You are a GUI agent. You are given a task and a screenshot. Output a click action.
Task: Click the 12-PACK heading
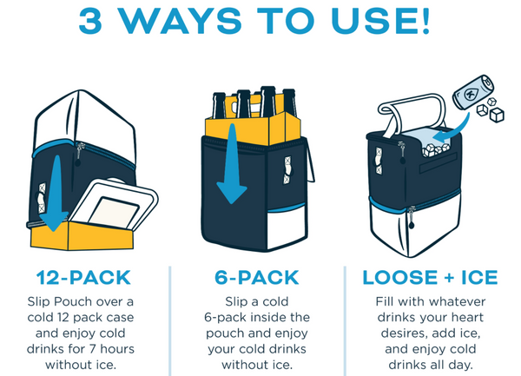(83, 278)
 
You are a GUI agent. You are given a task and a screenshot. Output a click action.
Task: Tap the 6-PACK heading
(257, 278)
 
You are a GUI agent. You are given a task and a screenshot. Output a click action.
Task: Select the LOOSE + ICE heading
(431, 278)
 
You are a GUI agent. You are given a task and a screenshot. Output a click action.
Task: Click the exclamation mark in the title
(425, 21)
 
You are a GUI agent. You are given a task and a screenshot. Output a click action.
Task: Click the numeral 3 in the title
(90, 21)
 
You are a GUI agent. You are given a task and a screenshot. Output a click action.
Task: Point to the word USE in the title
(373, 21)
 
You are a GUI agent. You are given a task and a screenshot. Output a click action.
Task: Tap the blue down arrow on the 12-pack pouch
(54, 194)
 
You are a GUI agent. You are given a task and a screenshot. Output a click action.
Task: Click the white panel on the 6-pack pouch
(287, 227)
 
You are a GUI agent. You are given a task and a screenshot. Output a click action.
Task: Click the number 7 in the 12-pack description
(93, 349)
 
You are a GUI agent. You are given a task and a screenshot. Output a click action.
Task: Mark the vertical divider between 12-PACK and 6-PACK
(170, 321)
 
